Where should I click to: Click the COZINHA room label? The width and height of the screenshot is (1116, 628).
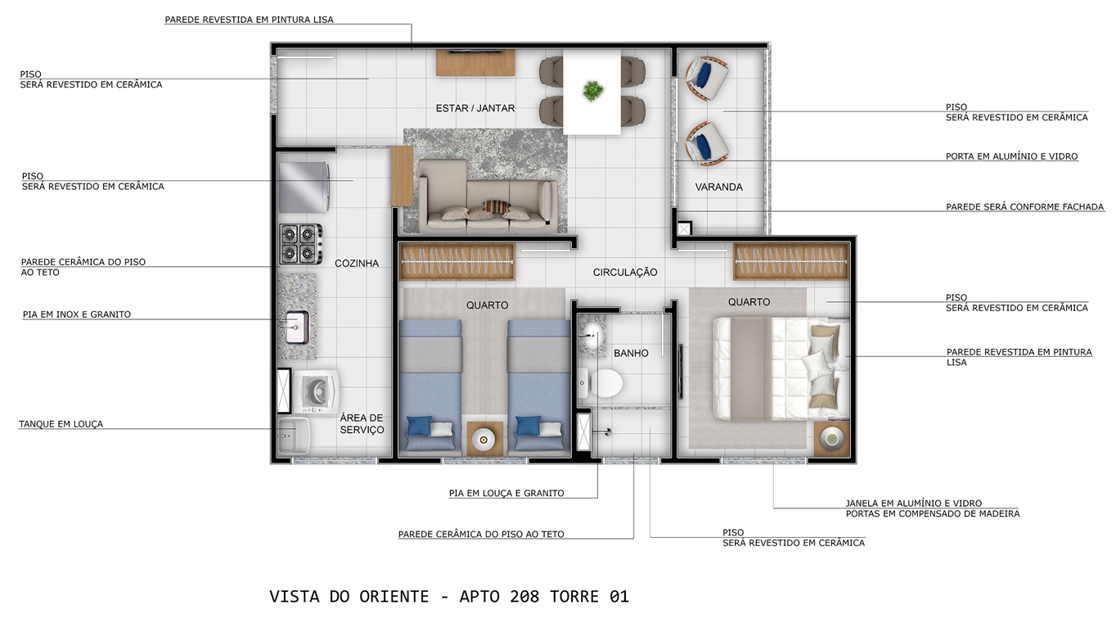pyautogui.click(x=357, y=263)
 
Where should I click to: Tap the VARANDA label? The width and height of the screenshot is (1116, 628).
pyautogui.click(x=719, y=187)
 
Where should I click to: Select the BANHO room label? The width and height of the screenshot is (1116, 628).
pyautogui.click(x=632, y=353)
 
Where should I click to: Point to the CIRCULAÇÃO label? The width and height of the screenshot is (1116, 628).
pyautogui.click(x=625, y=272)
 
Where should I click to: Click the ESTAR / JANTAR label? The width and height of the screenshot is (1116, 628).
pyautogui.click(x=475, y=108)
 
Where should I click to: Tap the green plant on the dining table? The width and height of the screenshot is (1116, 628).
pyautogui.click(x=593, y=91)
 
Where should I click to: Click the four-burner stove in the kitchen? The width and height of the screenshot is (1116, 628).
pyautogui.click(x=301, y=243)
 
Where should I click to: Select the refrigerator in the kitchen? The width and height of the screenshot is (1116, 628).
pyautogui.click(x=304, y=187)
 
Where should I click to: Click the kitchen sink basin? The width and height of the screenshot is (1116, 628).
pyautogui.click(x=297, y=327)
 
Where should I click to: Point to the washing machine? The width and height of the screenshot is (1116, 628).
pyautogui.click(x=317, y=391)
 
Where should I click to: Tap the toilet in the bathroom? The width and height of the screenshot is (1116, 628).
pyautogui.click(x=601, y=383)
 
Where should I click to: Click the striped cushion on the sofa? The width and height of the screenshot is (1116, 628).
pyautogui.click(x=497, y=207)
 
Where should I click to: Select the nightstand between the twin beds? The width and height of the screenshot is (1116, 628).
pyautogui.click(x=484, y=439)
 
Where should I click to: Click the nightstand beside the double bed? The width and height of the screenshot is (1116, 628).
pyautogui.click(x=832, y=439)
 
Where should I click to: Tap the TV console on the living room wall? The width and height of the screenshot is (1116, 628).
pyautogui.click(x=475, y=63)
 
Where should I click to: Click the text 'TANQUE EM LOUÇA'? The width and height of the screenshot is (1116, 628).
pyautogui.click(x=61, y=424)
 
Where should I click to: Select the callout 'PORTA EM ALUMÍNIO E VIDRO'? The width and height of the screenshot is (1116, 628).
pyautogui.click(x=1011, y=156)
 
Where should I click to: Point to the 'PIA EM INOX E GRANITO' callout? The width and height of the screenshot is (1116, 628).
pyautogui.click(x=77, y=314)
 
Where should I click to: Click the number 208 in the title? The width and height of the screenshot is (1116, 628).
pyautogui.click(x=524, y=597)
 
